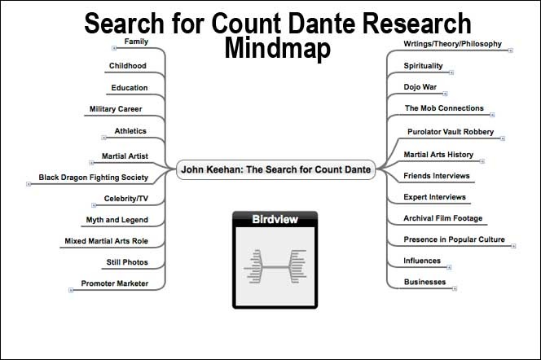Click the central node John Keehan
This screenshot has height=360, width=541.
[276, 169]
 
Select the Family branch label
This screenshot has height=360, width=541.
[136, 42]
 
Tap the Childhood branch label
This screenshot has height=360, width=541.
[128, 66]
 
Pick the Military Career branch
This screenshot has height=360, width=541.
[116, 109]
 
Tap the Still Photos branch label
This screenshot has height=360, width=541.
[126, 262]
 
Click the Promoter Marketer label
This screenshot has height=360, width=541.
[115, 283]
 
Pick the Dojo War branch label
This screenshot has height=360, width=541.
[420, 86]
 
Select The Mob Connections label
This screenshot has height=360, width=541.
[444, 108]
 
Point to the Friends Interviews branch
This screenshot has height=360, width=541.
[436, 176]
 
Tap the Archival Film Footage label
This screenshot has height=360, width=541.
[443, 218]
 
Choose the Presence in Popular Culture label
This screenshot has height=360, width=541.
[454, 239]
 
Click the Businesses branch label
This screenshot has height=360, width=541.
[424, 282]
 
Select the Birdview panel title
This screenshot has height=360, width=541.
[275, 219]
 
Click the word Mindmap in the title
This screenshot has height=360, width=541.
[278, 48]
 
